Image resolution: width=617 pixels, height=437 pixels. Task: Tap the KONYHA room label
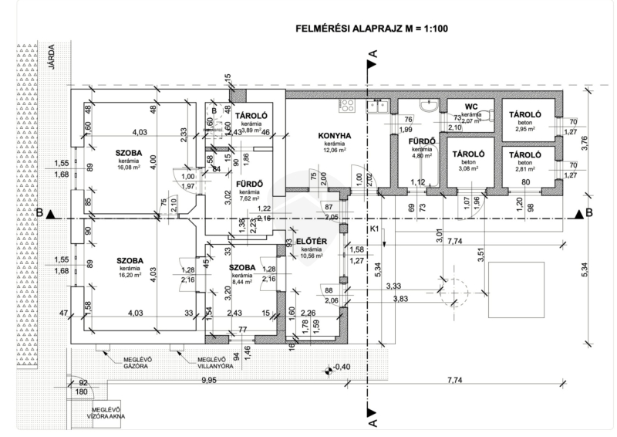(334, 136)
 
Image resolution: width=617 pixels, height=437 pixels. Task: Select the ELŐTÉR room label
(311, 241)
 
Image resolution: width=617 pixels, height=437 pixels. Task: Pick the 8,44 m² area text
(242, 283)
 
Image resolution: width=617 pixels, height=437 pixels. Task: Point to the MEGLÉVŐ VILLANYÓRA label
(216, 362)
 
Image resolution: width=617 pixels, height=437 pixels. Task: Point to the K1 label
(373, 229)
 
